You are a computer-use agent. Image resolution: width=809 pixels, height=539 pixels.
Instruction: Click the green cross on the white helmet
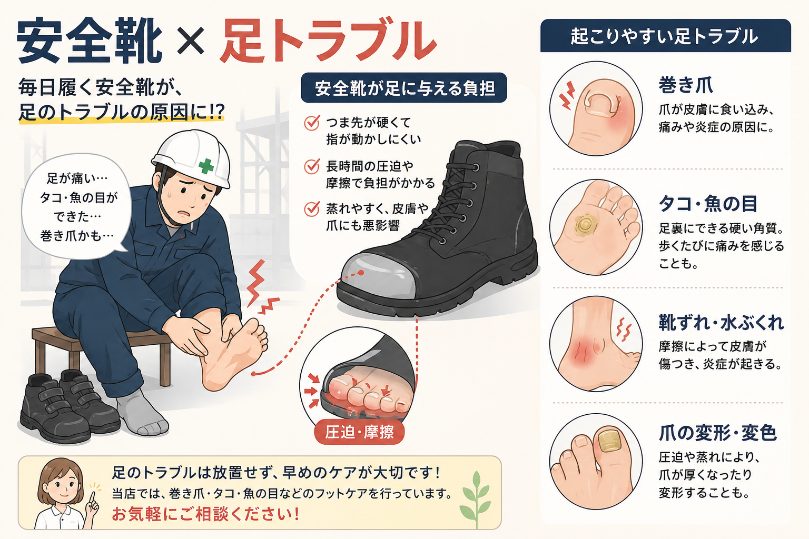point(206,166)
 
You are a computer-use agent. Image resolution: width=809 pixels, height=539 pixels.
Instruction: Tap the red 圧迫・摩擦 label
point(359,432)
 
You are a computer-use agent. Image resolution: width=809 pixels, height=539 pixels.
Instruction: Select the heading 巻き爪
point(685,85)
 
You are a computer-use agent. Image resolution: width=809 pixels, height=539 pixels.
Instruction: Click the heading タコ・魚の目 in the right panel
point(708,204)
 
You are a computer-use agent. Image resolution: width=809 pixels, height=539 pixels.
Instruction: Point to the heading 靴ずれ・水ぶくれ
point(721,322)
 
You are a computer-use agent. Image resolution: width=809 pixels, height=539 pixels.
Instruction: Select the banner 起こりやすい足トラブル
point(666,36)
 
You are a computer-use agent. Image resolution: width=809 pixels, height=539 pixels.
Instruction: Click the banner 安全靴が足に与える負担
point(404,88)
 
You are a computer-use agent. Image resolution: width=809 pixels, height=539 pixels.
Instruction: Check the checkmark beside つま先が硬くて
point(312,123)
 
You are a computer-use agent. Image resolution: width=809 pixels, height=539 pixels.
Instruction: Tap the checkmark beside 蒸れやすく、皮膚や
point(312,208)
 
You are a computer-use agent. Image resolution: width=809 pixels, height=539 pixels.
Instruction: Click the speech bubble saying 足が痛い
point(76,206)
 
